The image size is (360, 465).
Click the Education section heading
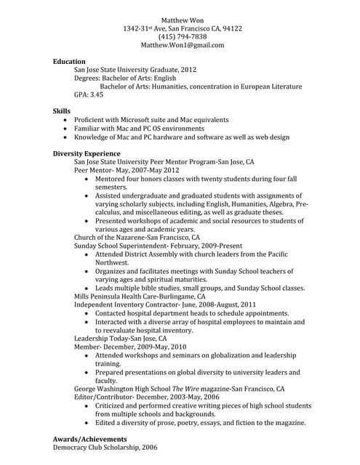coord(69,62)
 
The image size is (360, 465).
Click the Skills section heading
coord(62,111)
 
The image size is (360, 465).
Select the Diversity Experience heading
coord(87,154)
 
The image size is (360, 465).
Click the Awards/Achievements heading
coord(89,440)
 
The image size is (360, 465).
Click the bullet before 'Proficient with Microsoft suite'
coord(67,120)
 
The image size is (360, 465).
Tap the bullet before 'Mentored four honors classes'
coord(88,179)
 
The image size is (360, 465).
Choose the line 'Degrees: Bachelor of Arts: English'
coord(125,78)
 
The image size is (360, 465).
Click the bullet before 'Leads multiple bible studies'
coord(88,288)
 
